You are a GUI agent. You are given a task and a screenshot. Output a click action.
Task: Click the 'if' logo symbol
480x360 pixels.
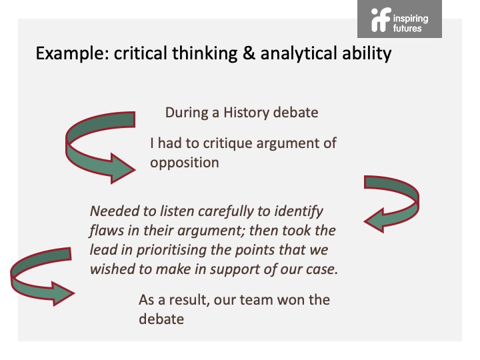pos(381,19)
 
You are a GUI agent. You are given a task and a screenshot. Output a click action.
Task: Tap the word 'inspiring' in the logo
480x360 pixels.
pos(411,19)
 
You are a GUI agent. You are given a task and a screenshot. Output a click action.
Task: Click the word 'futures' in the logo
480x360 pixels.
pos(407,29)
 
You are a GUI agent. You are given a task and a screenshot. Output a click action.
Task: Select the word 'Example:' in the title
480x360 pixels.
pos(72,53)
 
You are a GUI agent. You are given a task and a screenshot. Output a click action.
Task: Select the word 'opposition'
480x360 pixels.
pos(185,163)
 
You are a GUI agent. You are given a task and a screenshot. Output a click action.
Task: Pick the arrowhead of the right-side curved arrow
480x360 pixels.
pos(374,221)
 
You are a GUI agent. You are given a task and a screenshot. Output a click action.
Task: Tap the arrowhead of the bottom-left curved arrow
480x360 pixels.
pos(63,294)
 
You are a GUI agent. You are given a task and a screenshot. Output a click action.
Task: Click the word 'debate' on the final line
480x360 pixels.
pos(161,319)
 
